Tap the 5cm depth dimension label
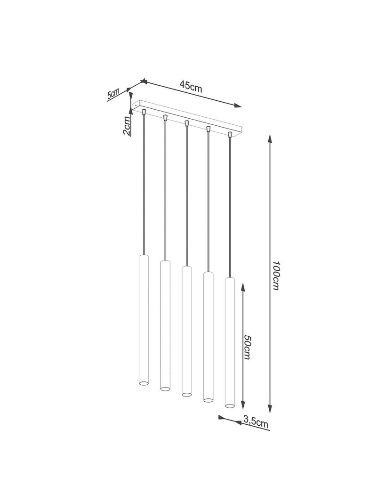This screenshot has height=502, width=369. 113,94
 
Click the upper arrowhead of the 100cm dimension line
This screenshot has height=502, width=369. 270,138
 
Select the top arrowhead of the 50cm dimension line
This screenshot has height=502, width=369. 242,287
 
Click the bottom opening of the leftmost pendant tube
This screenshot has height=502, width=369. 143,383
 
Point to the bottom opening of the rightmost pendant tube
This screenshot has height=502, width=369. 229,405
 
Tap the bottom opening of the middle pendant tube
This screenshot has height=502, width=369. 186,394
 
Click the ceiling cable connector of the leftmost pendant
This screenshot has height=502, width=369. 144,112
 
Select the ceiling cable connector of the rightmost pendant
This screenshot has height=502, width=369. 230,135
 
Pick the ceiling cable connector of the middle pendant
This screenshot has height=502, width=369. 186,123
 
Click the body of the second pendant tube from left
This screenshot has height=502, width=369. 165,325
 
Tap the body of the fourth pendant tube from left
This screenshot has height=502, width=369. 208,337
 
